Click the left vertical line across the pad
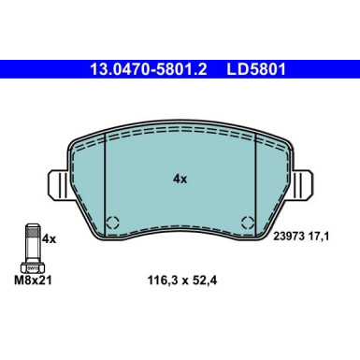point(105,178)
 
